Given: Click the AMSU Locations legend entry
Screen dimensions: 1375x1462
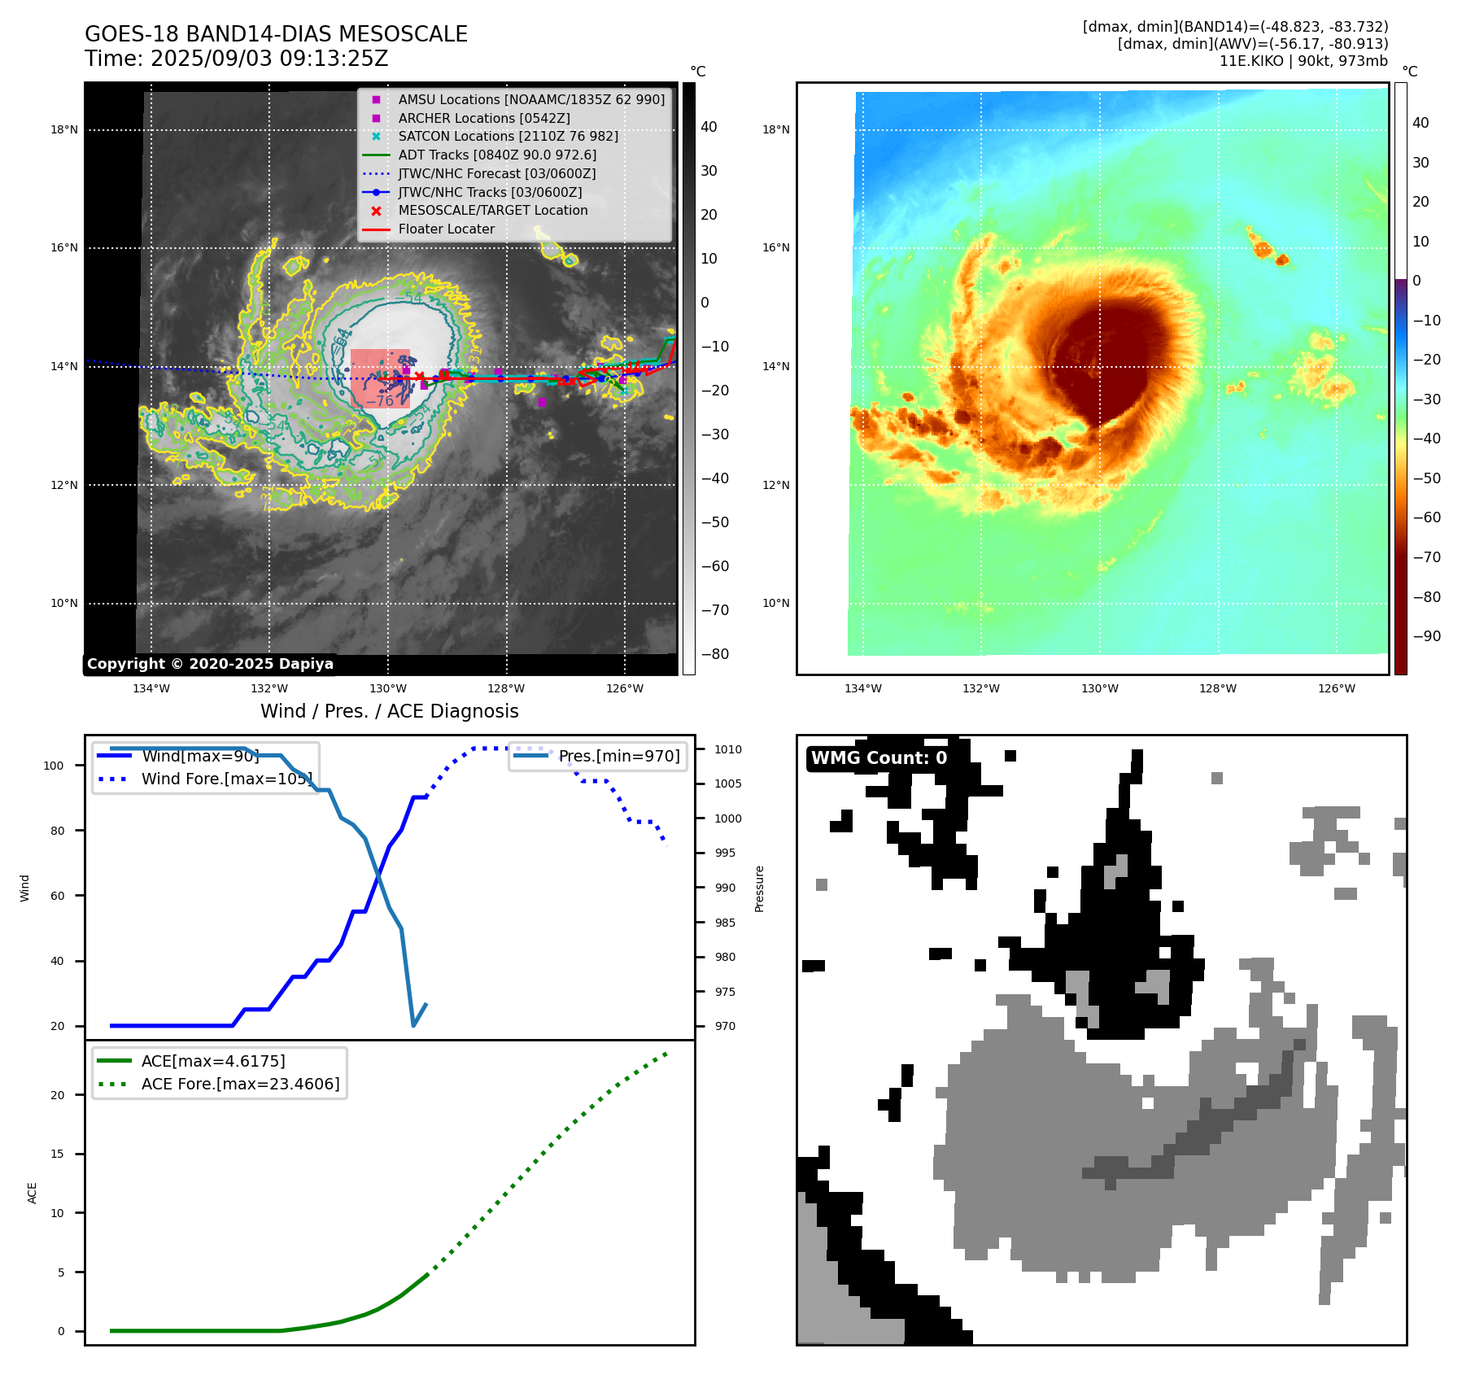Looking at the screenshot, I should tap(530, 99).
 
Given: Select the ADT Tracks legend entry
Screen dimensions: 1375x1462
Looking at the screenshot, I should tap(497, 155).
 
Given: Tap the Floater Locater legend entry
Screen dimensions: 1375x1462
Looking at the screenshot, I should tap(446, 229).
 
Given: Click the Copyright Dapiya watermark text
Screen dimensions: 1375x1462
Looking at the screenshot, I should tap(210, 664).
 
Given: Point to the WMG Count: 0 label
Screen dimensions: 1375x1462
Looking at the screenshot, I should tap(879, 758).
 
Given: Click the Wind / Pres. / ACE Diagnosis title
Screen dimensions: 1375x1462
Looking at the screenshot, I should tap(389, 711).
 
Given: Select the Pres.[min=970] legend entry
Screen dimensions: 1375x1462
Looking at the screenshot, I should tap(618, 756).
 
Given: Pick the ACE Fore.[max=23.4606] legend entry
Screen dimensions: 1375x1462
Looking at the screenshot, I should tap(240, 1084).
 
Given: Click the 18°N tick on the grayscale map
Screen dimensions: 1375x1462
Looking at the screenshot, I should tap(64, 129).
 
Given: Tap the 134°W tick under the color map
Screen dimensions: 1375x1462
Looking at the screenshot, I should tap(862, 688).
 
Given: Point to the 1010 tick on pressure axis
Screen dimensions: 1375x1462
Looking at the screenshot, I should tap(728, 749).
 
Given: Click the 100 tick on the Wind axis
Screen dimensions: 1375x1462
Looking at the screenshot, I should tap(54, 766).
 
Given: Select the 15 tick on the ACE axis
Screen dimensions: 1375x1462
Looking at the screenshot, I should tap(57, 1154).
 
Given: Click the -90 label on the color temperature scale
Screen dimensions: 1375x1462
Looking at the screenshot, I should tap(1426, 636).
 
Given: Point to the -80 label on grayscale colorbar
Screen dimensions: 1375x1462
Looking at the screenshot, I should tap(715, 654).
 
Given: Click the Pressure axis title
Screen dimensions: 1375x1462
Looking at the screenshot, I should tap(759, 888).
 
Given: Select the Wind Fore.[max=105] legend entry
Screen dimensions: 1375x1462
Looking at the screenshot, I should tap(226, 779).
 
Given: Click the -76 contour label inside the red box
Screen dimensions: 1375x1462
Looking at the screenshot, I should tap(380, 400).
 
